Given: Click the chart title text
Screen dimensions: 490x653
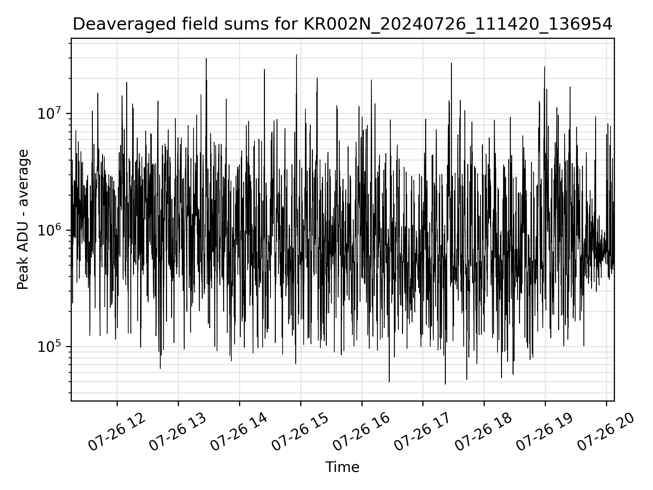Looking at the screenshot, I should pos(342,24).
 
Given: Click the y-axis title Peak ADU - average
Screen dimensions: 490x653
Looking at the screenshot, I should pos(23,220).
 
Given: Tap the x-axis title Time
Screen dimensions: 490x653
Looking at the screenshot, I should pos(342,468).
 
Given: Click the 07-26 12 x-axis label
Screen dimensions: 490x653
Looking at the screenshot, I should pos(117,432).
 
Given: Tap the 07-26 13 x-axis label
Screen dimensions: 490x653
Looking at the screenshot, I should pos(178,432).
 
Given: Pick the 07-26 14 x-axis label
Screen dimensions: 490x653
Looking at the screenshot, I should pos(239,432).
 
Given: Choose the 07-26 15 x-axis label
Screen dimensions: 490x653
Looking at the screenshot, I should pos(300,432).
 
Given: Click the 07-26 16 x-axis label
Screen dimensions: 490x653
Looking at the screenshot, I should pos(361,432).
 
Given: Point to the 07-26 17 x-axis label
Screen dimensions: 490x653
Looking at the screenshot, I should pos(422,432).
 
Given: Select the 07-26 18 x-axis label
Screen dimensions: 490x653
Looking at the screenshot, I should pos(484,432).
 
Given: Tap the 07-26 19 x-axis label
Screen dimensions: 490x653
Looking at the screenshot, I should pos(545,432).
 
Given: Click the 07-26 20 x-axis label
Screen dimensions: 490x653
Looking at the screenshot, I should pos(606,432).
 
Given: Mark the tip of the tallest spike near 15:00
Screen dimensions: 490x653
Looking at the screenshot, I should pos(297,55).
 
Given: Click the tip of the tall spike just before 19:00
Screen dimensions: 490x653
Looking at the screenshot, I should pos(545,67).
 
